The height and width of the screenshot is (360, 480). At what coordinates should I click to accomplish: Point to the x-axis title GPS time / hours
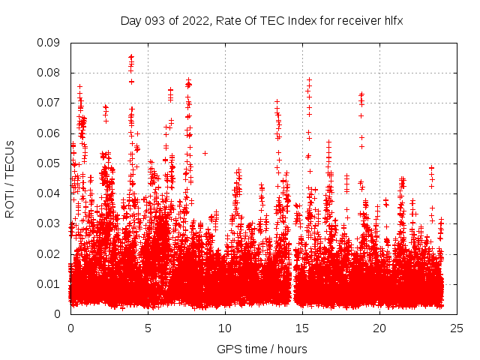[262, 349]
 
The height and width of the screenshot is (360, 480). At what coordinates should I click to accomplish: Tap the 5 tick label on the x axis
[148, 328]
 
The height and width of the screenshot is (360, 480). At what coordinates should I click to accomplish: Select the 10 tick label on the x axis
[225, 328]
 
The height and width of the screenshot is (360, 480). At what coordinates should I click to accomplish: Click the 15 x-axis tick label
[302, 328]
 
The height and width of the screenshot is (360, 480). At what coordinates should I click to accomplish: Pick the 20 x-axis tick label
[379, 328]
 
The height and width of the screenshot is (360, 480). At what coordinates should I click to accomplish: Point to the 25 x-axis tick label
[457, 328]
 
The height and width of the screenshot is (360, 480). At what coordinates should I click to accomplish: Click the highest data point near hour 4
[131, 56]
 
